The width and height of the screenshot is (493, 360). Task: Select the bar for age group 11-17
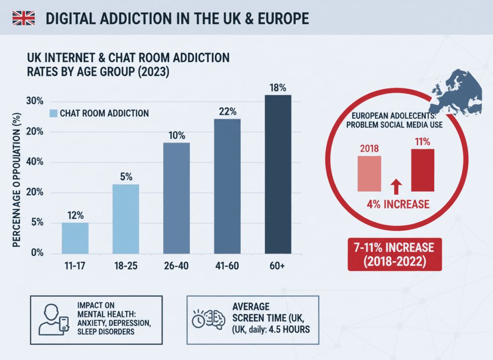click(75, 238)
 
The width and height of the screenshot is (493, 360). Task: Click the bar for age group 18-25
click(126, 219)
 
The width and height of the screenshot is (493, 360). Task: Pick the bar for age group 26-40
click(177, 198)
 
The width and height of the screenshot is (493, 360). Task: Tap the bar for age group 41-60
click(227, 186)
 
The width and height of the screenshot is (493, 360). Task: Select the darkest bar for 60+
click(278, 174)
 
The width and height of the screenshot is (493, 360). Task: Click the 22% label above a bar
click(227, 111)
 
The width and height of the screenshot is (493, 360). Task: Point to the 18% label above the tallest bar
click(278, 88)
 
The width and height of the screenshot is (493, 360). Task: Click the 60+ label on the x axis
click(278, 266)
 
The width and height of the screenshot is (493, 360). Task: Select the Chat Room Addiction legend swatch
click(54, 113)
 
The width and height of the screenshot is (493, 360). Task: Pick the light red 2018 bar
click(369, 173)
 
